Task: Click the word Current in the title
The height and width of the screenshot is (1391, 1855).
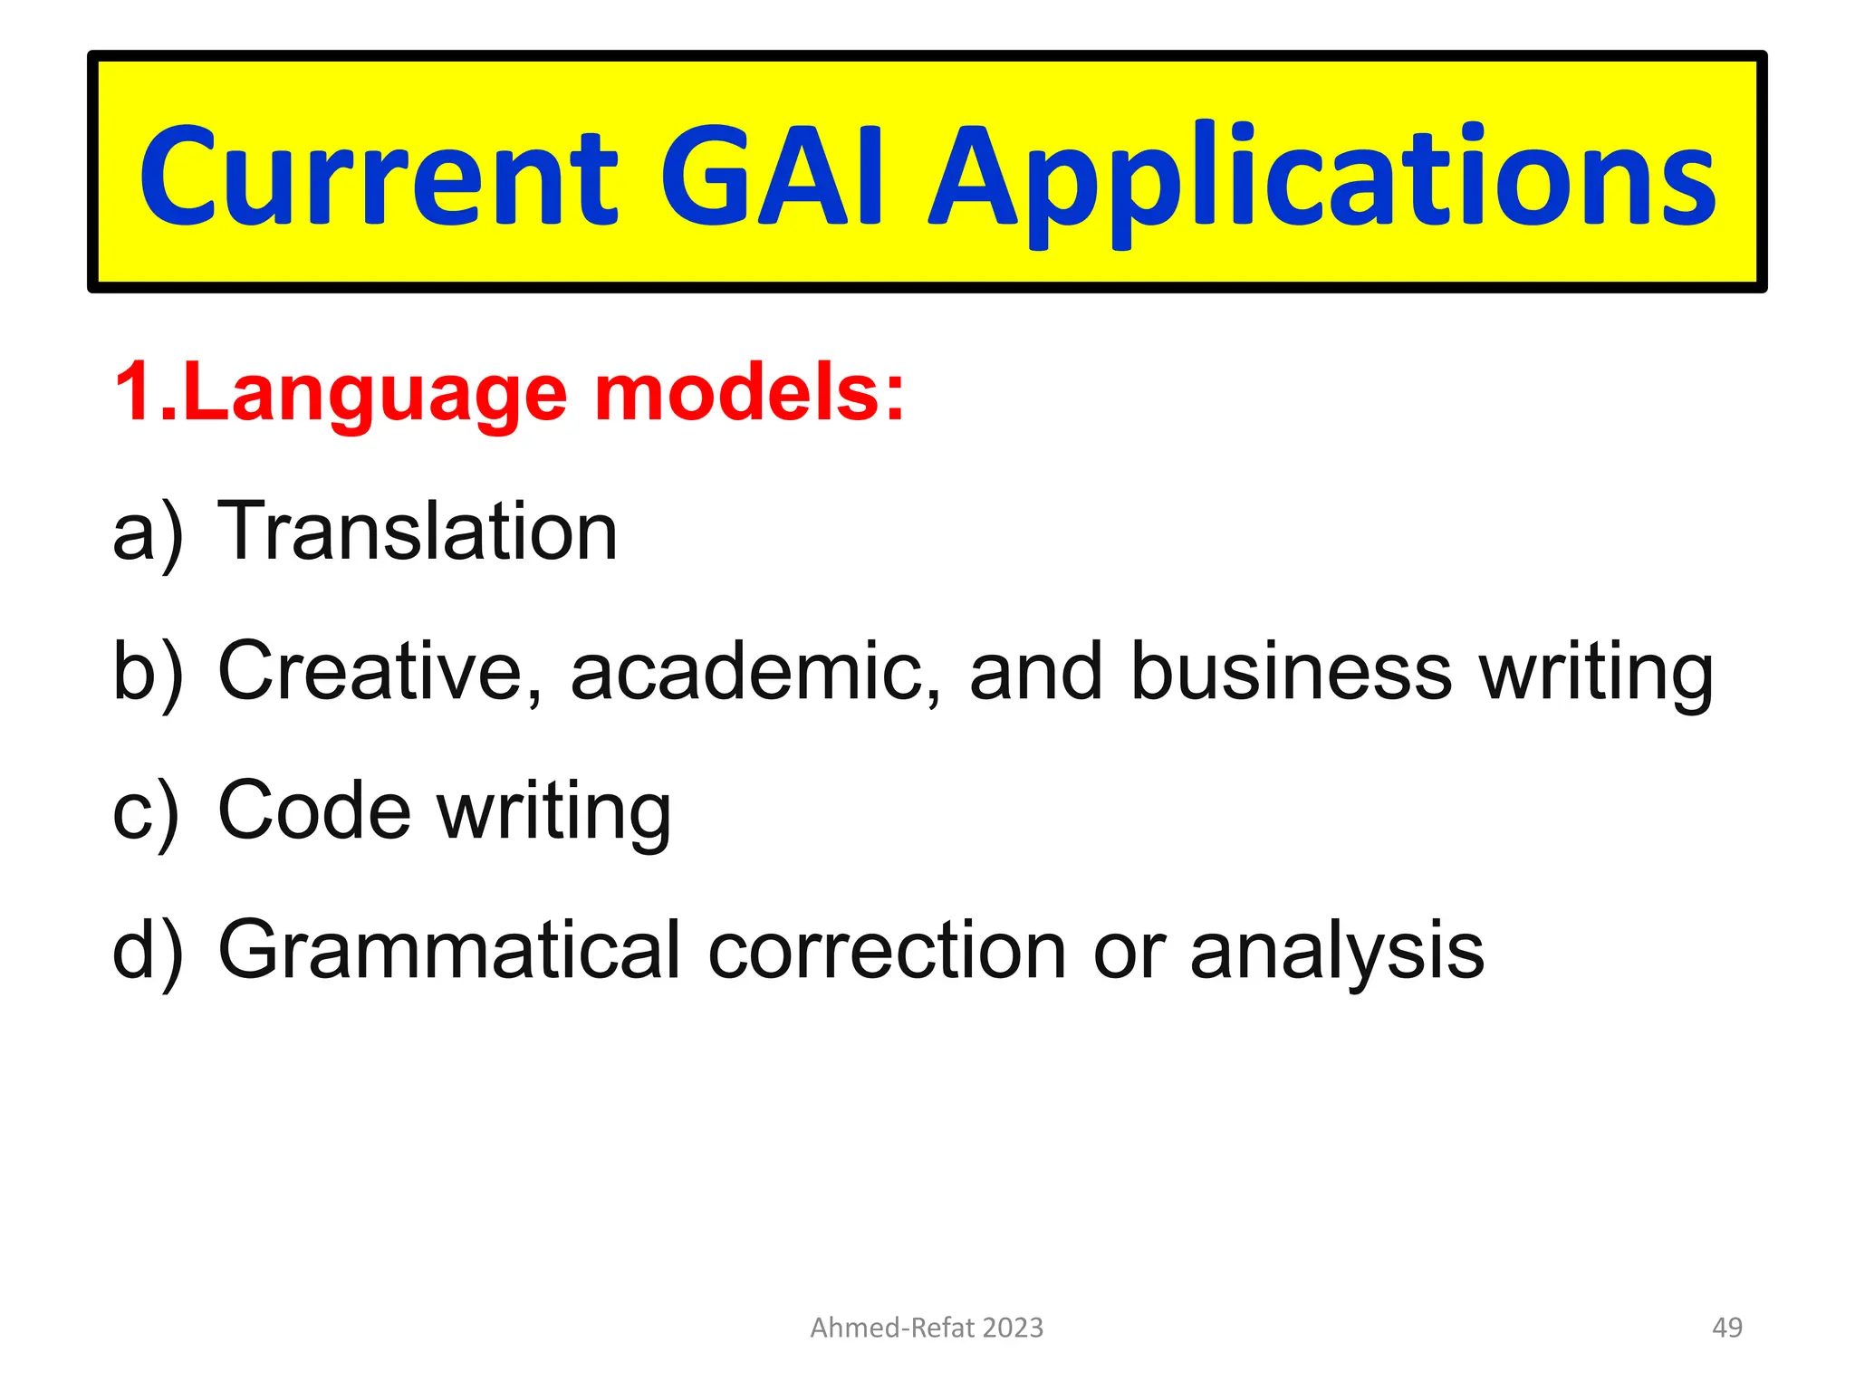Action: [379, 177]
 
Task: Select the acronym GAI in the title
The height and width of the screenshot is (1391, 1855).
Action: [772, 177]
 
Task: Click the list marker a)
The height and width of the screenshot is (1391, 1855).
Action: [148, 532]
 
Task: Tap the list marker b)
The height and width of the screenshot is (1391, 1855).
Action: [148, 672]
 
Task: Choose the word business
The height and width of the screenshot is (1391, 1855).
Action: [1292, 672]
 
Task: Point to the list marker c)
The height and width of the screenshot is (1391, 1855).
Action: [146, 811]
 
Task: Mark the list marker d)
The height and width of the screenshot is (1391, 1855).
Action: [148, 951]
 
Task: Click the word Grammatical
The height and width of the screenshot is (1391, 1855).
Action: [448, 951]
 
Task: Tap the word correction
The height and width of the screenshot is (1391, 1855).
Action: [887, 951]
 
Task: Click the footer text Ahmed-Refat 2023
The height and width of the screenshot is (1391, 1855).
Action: [927, 1328]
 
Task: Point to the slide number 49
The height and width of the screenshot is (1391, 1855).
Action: [1727, 1328]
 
